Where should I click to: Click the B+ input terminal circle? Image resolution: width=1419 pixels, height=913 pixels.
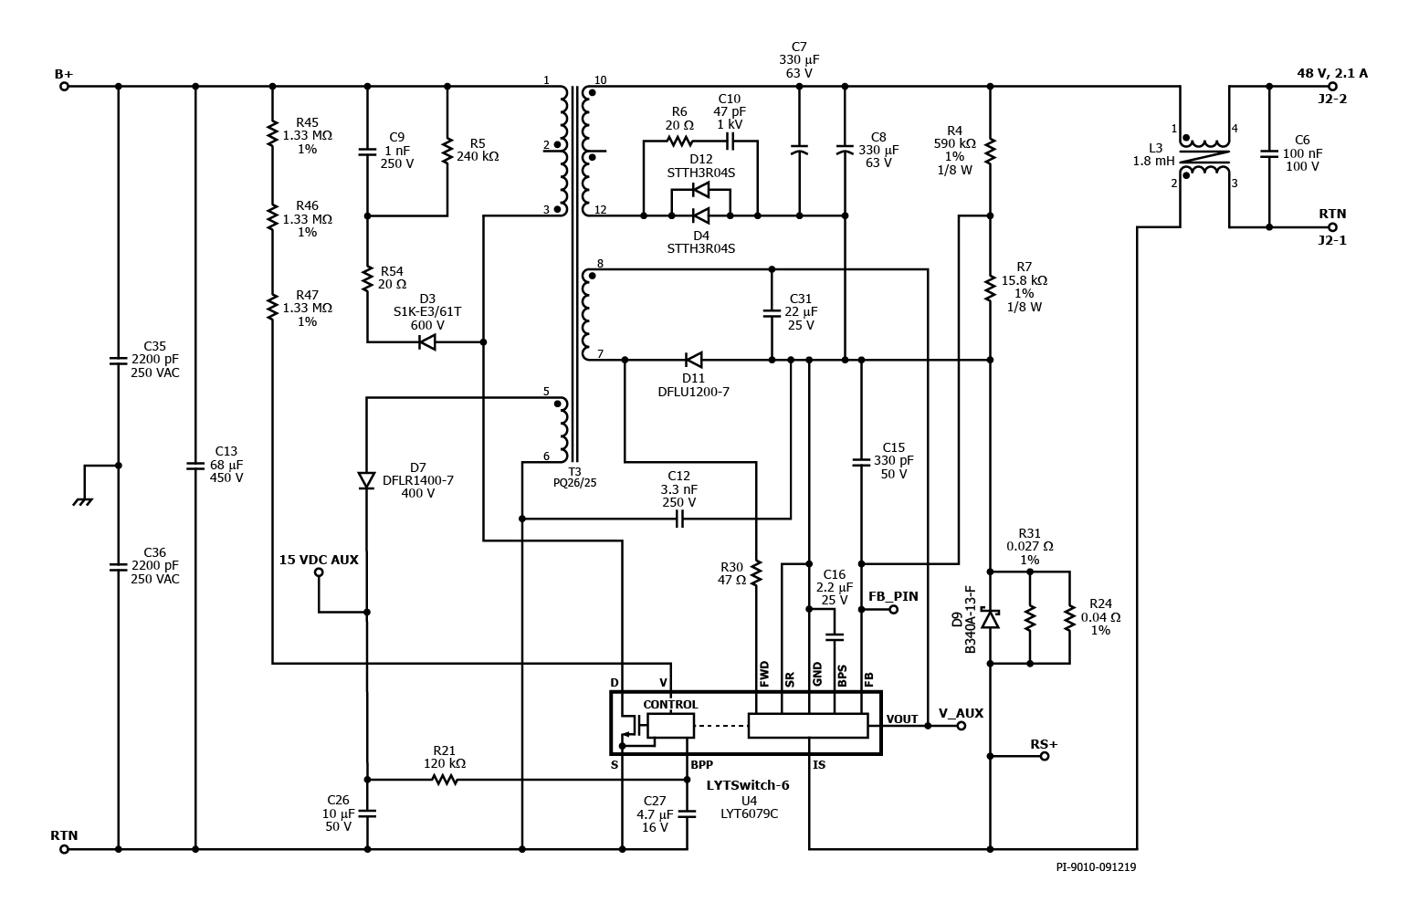64,86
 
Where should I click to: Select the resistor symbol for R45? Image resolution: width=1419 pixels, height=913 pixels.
272,133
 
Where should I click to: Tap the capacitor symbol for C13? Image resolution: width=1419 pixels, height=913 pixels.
195,467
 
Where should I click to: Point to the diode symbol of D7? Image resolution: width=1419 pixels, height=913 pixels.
367,480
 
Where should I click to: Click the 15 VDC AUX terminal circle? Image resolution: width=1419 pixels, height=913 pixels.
319,572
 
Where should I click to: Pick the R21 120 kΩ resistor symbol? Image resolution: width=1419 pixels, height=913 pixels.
445,780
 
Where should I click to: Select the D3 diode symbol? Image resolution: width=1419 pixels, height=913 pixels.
427,342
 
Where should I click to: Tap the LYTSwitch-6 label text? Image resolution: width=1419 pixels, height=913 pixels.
748,786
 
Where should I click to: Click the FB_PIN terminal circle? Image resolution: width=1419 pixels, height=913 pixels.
893,610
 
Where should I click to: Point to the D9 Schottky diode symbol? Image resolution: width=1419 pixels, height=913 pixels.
990,618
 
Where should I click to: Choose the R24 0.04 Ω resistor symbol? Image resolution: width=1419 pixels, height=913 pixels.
1070,618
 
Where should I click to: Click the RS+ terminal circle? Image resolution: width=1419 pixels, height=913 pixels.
1045,756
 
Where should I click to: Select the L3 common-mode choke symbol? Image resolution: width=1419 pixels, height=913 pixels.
1204,156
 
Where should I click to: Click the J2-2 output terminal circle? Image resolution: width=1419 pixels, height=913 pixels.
1333,86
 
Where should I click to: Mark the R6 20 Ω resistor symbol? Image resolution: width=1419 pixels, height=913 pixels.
679,141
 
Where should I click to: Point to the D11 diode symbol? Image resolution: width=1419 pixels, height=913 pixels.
694,360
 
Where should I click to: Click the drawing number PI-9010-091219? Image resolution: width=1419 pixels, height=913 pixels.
1096,866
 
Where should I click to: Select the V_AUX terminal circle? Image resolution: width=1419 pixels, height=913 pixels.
961,726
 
